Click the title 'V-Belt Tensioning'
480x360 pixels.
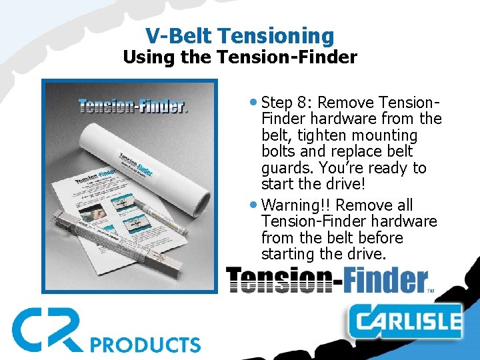[x=240, y=35]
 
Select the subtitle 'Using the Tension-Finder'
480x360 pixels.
[x=240, y=57]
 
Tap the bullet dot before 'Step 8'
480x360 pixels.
[x=255, y=103]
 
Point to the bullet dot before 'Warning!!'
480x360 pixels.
[x=255, y=205]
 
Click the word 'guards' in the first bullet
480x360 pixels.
[x=286, y=168]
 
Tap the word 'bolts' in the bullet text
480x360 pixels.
[x=281, y=152]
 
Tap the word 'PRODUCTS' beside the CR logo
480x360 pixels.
[x=145, y=345]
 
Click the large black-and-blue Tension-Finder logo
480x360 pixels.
[x=327, y=280]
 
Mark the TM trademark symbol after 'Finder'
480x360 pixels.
[x=430, y=290]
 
